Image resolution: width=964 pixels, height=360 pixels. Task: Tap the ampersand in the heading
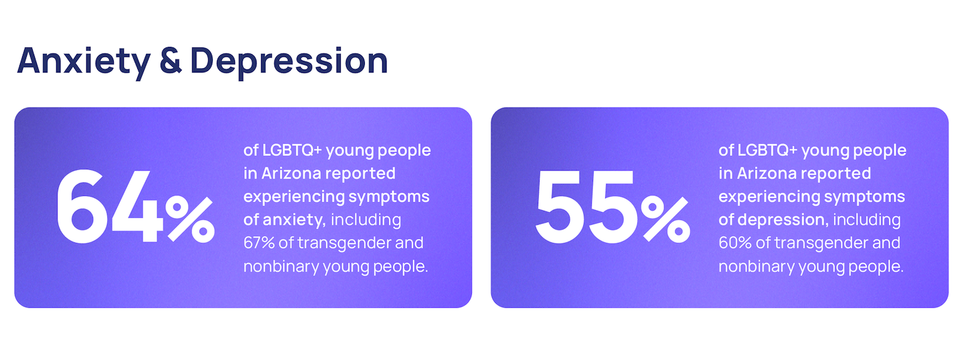point(171,61)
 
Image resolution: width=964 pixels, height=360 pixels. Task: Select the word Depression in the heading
point(289,62)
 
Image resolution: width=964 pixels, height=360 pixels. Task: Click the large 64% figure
point(135,206)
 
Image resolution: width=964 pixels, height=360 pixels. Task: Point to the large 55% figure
point(613,206)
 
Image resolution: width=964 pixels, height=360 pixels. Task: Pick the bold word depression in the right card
point(783,219)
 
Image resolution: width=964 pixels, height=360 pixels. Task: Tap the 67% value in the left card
point(259,243)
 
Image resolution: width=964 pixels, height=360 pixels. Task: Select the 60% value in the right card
point(735,243)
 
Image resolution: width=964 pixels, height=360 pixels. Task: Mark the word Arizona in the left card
point(291,173)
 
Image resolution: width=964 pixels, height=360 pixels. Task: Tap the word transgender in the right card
point(821,244)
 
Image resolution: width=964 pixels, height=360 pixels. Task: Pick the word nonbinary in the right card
point(756,267)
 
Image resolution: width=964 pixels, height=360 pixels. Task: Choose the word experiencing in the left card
point(294,197)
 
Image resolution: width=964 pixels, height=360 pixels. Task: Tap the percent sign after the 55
point(665,219)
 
